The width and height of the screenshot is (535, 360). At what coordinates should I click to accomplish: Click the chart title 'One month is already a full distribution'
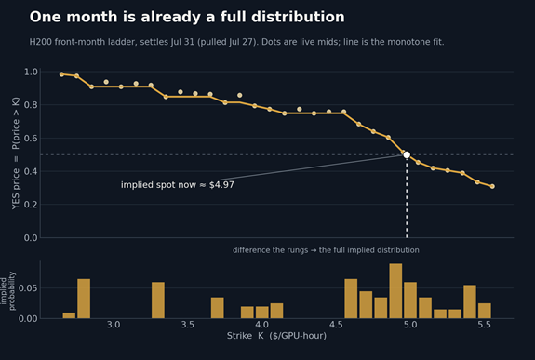pyautogui.click(x=187, y=17)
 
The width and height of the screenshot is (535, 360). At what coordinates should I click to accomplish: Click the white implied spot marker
pyautogui.click(x=407, y=155)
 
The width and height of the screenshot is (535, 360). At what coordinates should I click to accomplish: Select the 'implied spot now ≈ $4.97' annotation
pyautogui.click(x=178, y=185)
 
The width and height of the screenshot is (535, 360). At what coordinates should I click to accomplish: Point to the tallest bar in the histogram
pyautogui.click(x=395, y=291)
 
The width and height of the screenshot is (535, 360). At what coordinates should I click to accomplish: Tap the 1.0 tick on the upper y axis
pyautogui.click(x=31, y=72)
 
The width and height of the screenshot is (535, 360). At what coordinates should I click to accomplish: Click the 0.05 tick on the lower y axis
pyautogui.click(x=28, y=288)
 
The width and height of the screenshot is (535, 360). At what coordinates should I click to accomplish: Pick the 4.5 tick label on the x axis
pyautogui.click(x=336, y=325)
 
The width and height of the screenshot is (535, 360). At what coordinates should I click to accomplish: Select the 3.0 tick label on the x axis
pyautogui.click(x=114, y=325)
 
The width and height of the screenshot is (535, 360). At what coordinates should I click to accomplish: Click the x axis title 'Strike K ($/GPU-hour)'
pyautogui.click(x=276, y=336)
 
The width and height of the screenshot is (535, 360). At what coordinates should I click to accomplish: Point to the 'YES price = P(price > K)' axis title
pyautogui.click(x=16, y=153)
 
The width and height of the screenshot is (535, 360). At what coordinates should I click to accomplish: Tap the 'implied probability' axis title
pyautogui.click(x=7, y=291)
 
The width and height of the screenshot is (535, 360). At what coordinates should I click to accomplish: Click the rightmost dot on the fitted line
pyautogui.click(x=492, y=186)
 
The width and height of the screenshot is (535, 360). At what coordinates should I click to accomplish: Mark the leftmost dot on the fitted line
pyautogui.click(x=61, y=74)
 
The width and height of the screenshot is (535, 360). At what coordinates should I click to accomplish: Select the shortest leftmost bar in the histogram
pyautogui.click(x=69, y=315)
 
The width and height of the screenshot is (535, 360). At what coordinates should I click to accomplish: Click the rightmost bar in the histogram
pyautogui.click(x=485, y=311)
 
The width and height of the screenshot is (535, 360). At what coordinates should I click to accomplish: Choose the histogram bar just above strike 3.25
pyautogui.click(x=158, y=300)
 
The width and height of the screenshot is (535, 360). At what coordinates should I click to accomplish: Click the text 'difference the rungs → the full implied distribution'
pyautogui.click(x=326, y=250)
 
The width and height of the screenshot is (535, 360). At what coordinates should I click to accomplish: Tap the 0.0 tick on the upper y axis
pyautogui.click(x=31, y=238)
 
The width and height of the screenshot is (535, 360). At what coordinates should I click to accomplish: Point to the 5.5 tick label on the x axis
pyautogui.click(x=484, y=325)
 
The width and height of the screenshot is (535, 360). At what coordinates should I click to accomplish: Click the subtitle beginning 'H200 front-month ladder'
pyautogui.click(x=236, y=42)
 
